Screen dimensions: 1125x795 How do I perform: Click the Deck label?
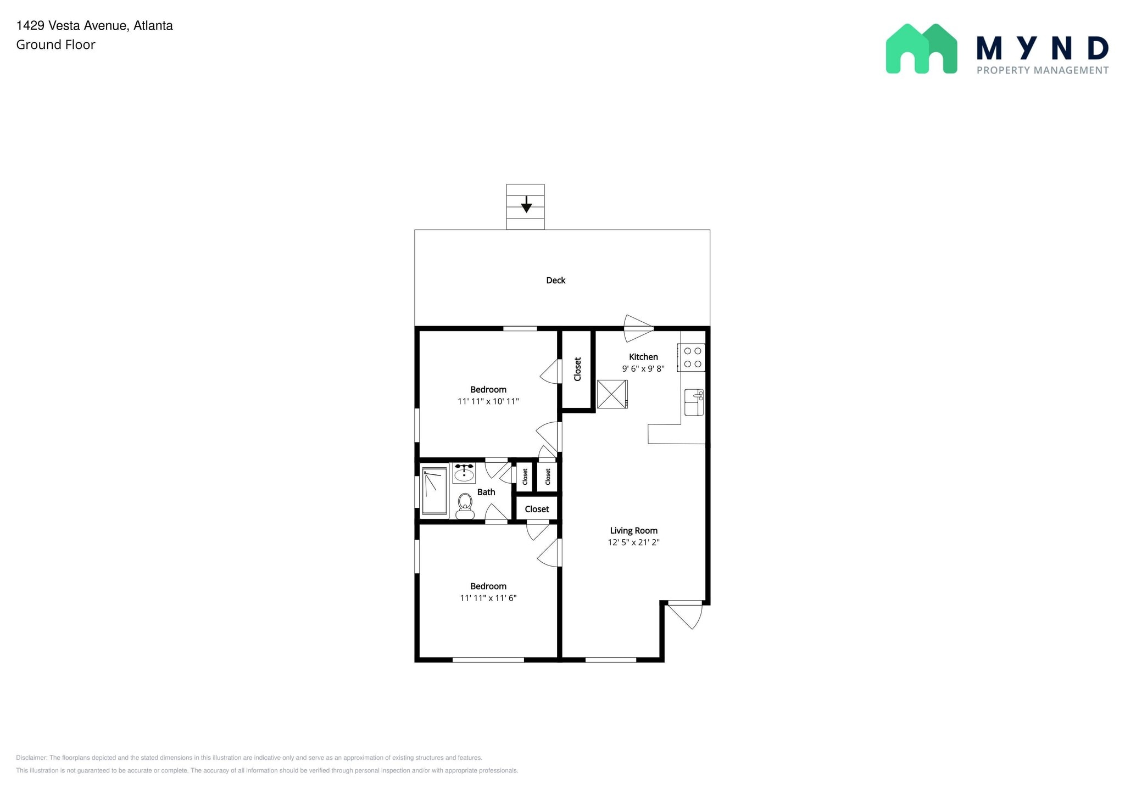click(x=555, y=281)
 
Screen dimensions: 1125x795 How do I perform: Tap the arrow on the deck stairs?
click(x=526, y=204)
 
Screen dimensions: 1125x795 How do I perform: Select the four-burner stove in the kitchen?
click(x=691, y=357)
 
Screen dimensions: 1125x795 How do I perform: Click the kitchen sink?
click(x=694, y=402)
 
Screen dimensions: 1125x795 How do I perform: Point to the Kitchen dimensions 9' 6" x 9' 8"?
click(x=643, y=369)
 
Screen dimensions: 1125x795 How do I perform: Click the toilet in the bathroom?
click(x=465, y=506)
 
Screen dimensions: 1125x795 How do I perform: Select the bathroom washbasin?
click(x=464, y=473)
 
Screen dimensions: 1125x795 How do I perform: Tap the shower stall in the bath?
click(x=435, y=491)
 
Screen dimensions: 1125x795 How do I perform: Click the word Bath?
click(x=486, y=492)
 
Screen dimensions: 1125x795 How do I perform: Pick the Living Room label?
click(x=634, y=530)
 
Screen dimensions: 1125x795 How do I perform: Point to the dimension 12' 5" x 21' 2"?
click(x=633, y=542)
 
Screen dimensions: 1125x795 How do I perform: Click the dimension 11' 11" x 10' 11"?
click(x=488, y=401)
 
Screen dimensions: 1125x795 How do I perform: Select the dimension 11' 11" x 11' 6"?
click(x=488, y=598)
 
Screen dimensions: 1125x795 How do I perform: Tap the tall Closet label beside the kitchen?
click(x=577, y=369)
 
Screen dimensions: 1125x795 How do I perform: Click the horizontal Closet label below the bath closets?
click(x=537, y=509)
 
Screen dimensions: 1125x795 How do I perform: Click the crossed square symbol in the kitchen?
click(x=612, y=394)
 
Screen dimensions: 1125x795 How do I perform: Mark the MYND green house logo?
click(x=921, y=48)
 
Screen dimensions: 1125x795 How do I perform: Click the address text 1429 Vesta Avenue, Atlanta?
click(x=94, y=26)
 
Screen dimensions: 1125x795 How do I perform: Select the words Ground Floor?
click(x=55, y=44)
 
